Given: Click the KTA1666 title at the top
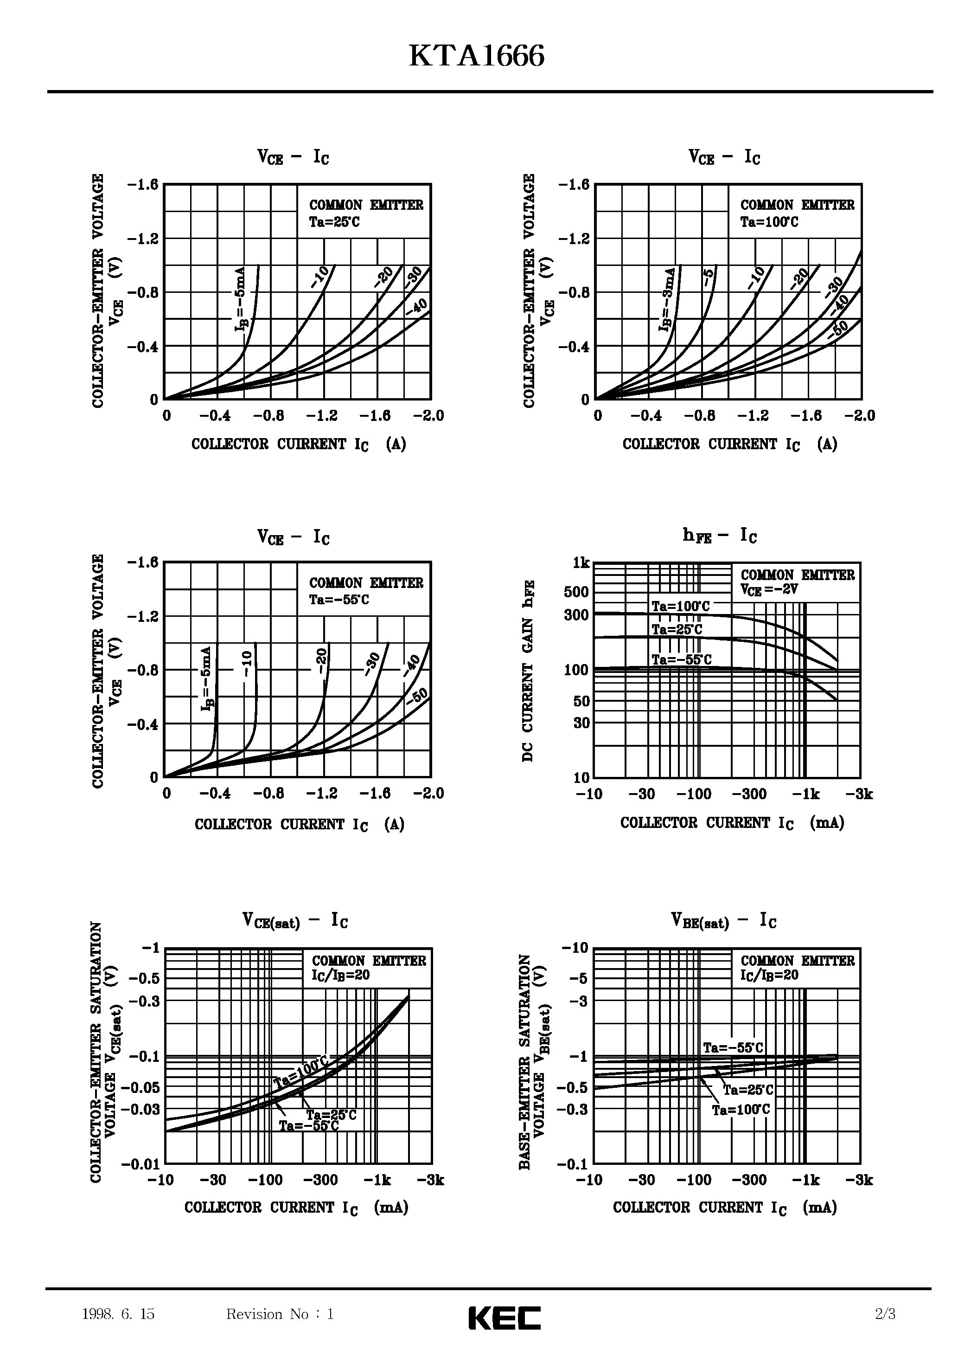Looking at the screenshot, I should click(x=477, y=58).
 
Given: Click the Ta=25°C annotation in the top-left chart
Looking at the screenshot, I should click(x=334, y=222).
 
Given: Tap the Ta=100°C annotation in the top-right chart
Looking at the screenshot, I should click(x=769, y=222).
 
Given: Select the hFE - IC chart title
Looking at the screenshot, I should click(x=719, y=536).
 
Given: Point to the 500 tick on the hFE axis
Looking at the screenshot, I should click(x=576, y=592).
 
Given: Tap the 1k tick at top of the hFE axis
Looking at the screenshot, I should click(x=581, y=563).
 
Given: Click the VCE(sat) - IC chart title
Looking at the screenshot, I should click(x=295, y=921).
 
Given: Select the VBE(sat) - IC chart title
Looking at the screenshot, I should click(x=723, y=921).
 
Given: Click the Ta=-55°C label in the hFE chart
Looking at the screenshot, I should click(x=681, y=659).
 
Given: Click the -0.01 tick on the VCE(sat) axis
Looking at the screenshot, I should click(x=141, y=1164).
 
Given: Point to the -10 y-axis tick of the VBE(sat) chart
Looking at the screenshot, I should click(x=575, y=948).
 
